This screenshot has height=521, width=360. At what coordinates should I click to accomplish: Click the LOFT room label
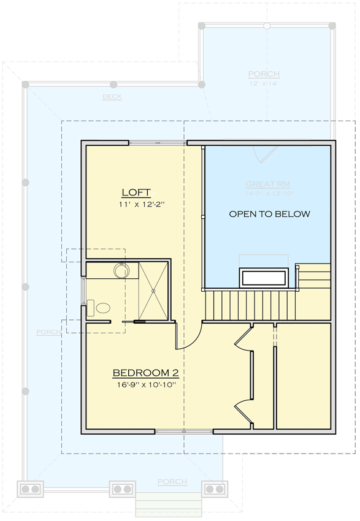(136, 192)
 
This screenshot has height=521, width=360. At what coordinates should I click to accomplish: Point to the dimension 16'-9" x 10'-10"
(145, 385)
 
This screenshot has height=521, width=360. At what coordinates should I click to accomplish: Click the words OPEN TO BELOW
(269, 215)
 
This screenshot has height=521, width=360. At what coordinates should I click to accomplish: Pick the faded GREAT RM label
(267, 184)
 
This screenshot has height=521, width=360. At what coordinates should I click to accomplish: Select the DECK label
(112, 97)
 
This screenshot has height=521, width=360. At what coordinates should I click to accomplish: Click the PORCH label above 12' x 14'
(264, 74)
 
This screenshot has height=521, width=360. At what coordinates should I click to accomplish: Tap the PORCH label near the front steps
(172, 482)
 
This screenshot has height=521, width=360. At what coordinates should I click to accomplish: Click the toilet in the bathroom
(99, 308)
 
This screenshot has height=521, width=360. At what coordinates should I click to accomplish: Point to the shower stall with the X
(153, 291)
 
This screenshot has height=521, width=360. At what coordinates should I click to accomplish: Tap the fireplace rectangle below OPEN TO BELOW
(264, 277)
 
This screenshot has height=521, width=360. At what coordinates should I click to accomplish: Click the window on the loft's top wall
(158, 143)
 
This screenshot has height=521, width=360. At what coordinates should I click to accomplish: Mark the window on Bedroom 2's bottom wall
(183, 432)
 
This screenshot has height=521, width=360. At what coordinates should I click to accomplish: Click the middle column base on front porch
(123, 489)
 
